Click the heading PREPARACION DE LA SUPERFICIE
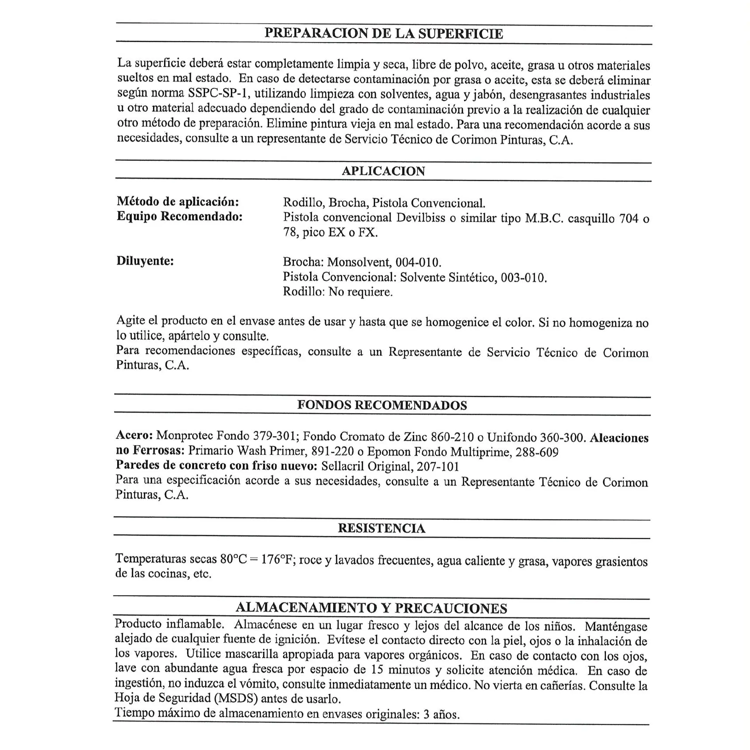[384, 34]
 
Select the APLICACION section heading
[383, 171]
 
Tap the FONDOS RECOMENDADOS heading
[382, 405]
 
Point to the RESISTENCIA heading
[381, 528]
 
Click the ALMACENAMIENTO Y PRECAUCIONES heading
[371, 608]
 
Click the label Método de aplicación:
[178, 202]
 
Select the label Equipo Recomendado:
[180, 216]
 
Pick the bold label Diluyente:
[145, 261]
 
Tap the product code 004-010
[418, 262]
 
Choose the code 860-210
[452, 437]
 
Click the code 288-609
[537, 452]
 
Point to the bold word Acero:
[134, 435]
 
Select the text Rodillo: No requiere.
[337, 292]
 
